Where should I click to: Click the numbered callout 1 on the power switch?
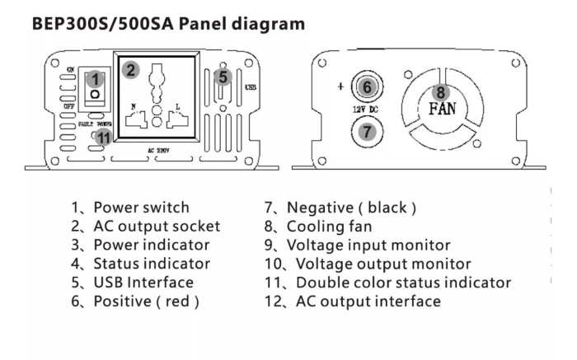95,79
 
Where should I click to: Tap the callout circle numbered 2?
130,70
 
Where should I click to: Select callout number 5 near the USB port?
223,77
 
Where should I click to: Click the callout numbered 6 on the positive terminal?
367,87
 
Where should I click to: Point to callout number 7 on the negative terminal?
367,131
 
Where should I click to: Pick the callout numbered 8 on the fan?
441,92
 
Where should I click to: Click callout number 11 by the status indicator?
104,138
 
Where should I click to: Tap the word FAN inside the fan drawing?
443,109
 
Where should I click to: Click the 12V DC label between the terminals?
365,110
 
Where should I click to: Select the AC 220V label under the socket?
158,151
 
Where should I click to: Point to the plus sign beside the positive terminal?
340,86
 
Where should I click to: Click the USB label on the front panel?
251,87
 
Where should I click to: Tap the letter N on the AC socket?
134,106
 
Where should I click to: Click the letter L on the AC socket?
178,107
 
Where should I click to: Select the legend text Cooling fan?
330,227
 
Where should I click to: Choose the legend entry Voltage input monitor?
368,245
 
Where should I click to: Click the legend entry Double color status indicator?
403,283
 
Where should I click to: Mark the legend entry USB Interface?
143,283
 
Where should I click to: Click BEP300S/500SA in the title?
103,24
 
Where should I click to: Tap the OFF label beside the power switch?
68,106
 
